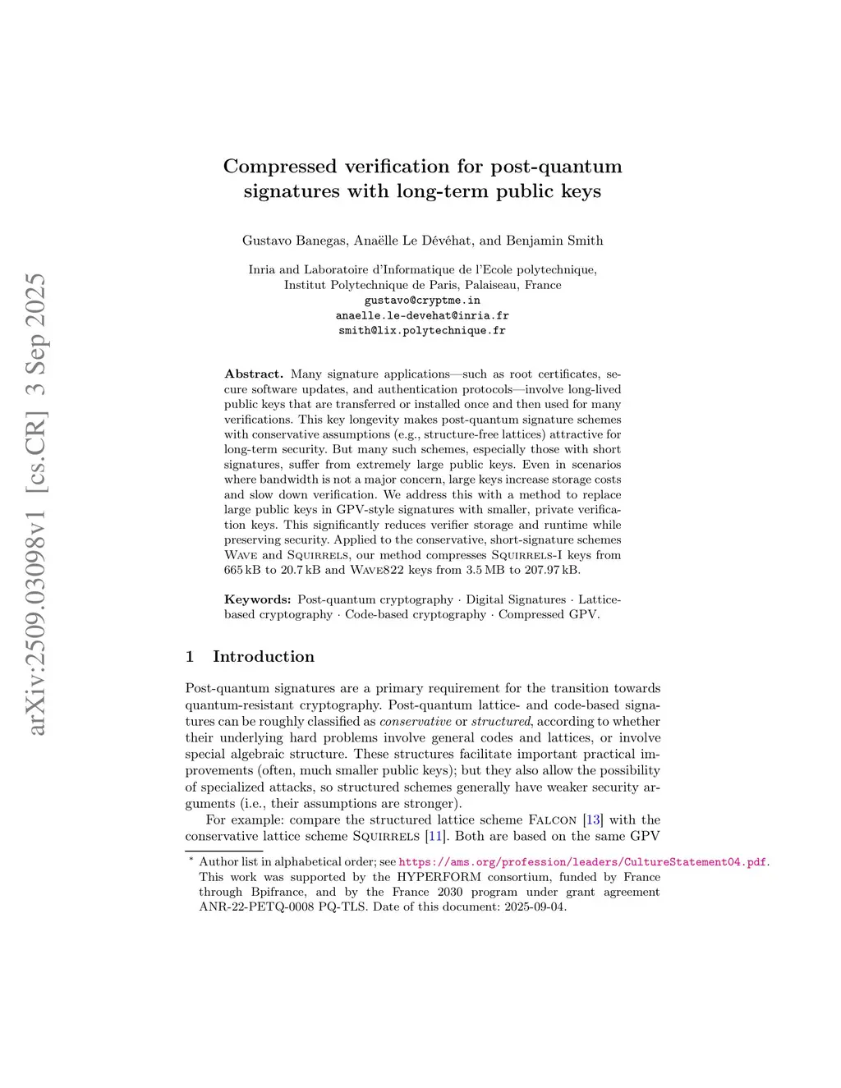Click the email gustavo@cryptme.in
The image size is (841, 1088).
[422, 301]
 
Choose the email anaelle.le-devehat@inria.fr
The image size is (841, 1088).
[422, 315]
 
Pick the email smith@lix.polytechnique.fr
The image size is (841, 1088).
[422, 331]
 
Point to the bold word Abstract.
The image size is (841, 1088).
[254, 374]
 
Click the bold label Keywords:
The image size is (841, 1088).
[258, 599]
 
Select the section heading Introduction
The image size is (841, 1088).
[264, 656]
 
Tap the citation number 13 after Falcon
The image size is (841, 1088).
[593, 819]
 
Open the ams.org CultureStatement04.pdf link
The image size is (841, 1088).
[582, 862]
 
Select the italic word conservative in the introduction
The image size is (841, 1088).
[415, 721]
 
